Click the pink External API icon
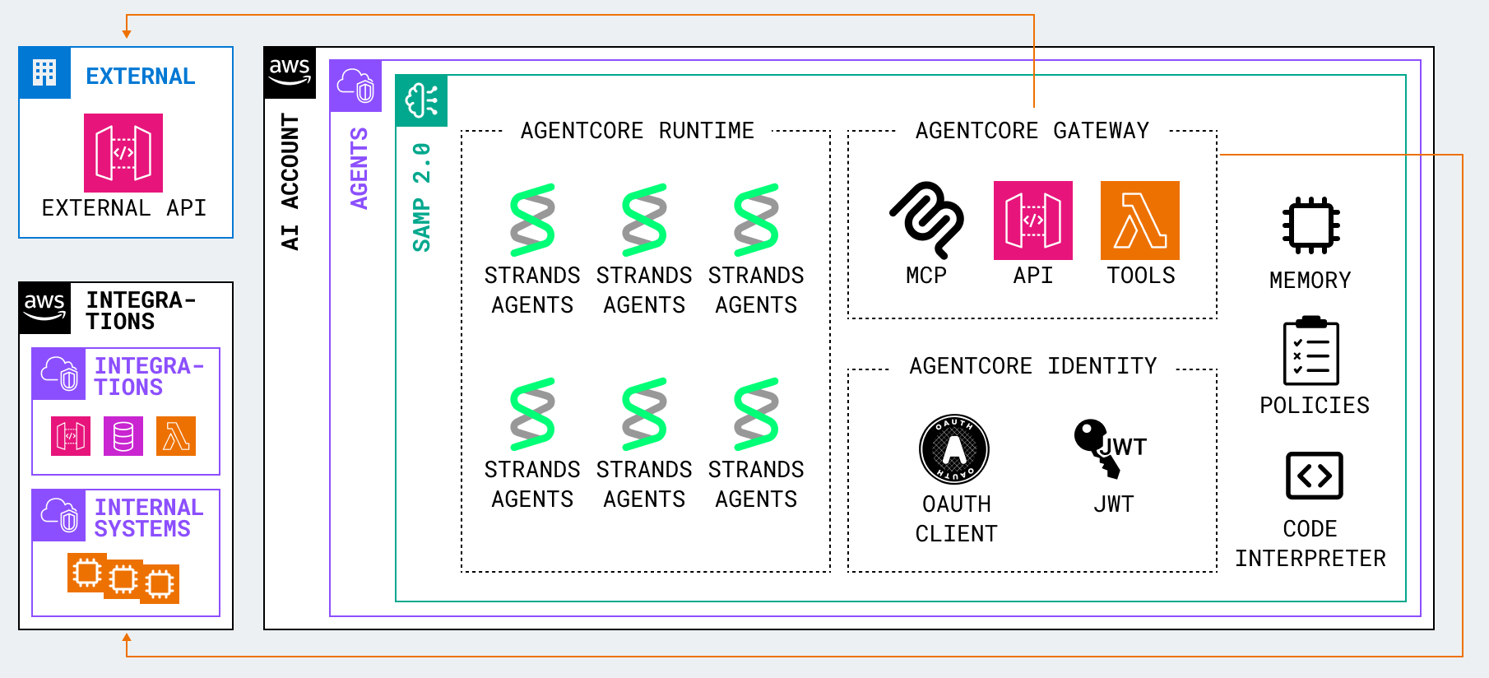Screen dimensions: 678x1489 tap(123, 153)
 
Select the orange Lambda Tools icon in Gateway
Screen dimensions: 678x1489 tap(1139, 221)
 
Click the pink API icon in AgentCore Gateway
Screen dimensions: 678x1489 tap(1032, 221)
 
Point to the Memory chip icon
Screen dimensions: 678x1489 tap(1310, 225)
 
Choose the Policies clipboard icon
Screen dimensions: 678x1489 tap(1310, 351)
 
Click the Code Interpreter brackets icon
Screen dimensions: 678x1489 tap(1314, 476)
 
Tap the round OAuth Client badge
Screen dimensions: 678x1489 tap(954, 449)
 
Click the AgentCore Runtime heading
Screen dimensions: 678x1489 tap(637, 131)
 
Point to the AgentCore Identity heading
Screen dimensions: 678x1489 tap(1032, 366)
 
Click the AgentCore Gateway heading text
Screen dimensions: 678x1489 tap(1032, 131)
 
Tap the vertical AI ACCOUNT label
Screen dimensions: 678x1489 tap(290, 181)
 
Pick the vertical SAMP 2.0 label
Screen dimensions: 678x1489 tap(421, 197)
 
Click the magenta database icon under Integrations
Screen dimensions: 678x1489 tap(123, 436)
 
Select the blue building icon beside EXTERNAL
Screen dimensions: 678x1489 tap(44, 73)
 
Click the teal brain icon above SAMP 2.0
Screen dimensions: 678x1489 tap(421, 101)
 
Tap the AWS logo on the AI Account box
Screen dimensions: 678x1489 tap(290, 72)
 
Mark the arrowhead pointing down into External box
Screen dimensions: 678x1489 tap(127, 34)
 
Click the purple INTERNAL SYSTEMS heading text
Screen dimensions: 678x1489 tap(147, 518)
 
